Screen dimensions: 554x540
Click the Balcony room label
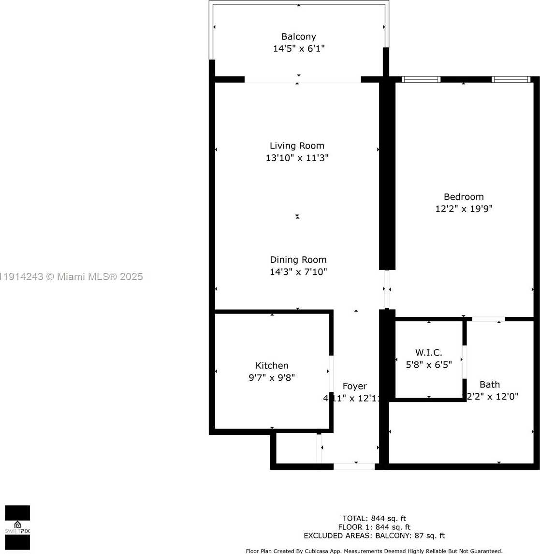pos(299,37)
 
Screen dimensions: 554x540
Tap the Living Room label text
pos(297,146)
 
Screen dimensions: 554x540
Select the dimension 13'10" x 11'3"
pos(297,158)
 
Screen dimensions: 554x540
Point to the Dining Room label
pos(298,260)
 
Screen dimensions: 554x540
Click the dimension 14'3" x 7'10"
pos(298,272)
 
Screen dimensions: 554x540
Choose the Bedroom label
pos(464,197)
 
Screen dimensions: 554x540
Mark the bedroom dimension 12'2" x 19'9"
pos(464,209)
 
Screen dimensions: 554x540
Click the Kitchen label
pos(272,366)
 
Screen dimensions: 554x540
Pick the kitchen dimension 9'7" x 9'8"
pos(272,378)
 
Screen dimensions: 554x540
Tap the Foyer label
pos(354,386)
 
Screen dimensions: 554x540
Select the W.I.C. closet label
pos(429,353)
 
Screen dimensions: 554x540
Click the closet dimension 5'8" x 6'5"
pos(429,365)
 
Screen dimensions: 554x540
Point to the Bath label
pos(490,385)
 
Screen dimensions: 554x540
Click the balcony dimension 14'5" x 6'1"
pos(299,49)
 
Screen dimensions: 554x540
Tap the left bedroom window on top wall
pos(421,79)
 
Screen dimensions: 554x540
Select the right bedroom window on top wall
pos(511,79)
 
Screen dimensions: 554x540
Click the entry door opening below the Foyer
pos(354,466)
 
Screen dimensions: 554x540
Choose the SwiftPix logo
pos(17,527)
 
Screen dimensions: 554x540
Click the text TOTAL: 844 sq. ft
pos(374,519)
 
